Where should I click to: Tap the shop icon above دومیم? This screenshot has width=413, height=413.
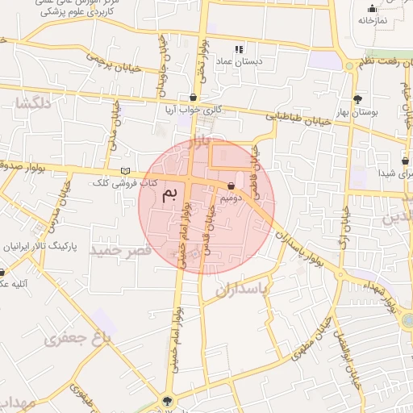coord(232,185)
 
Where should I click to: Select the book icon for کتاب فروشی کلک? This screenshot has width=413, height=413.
coord(123,170)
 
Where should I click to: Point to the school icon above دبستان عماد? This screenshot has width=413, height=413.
coord(239,49)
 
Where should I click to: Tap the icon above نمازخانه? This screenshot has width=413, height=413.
coord(372,9)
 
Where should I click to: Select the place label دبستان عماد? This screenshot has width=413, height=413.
coord(240,60)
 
